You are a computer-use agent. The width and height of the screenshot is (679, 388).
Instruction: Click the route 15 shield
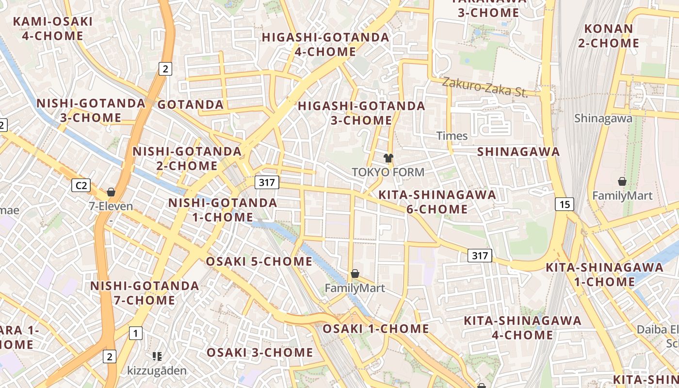[x=565, y=204]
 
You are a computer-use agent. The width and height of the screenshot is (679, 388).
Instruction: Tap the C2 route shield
[x=81, y=185]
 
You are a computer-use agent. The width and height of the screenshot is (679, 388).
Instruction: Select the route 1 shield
[x=136, y=333]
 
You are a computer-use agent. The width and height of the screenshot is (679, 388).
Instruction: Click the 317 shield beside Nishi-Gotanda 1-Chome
[x=267, y=182]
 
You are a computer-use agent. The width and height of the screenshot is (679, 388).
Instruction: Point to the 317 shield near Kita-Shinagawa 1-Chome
[x=480, y=256]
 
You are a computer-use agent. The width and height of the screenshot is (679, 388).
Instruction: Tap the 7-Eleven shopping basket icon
[x=111, y=192]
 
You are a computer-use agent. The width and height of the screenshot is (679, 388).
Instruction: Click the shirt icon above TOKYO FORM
[x=388, y=158]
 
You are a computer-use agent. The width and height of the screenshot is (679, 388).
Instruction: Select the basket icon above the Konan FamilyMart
[x=622, y=181]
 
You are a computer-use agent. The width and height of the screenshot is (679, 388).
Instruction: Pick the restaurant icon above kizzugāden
[x=157, y=356]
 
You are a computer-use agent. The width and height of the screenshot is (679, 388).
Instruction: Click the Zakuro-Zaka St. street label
[x=484, y=87]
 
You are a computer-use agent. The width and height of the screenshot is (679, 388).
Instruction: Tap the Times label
[x=452, y=136]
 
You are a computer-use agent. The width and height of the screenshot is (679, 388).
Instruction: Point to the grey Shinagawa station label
[x=603, y=118]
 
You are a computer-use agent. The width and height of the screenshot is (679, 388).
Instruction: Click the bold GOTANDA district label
[x=191, y=104]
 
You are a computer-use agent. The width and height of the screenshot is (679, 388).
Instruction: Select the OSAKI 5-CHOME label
[x=259, y=261]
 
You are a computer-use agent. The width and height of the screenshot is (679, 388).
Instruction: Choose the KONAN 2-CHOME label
[x=609, y=35]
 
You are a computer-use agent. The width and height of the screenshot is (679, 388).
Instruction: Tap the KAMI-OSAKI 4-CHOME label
[x=52, y=29]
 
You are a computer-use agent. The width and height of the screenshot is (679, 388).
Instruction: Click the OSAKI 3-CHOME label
[x=260, y=352]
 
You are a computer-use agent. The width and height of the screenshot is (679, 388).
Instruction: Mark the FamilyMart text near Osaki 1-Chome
[x=355, y=288]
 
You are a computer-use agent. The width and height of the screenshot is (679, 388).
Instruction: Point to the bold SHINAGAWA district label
[x=518, y=151]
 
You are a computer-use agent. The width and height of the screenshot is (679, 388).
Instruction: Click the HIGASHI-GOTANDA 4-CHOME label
[x=325, y=44]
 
